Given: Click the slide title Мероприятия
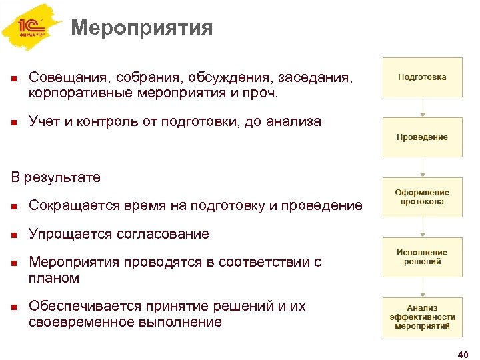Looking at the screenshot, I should coord(141,28).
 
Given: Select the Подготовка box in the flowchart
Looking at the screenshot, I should coord(422,77).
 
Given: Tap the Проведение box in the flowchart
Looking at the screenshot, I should coord(422,137).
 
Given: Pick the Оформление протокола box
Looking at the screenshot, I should coord(422,197).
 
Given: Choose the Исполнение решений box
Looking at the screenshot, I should coord(422,257).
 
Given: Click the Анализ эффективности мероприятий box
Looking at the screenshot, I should coord(422,317).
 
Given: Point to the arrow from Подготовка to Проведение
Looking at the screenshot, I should coord(422,107).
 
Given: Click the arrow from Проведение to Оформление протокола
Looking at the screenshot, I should coord(422,167).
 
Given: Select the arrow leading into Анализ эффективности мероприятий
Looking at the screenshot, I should coord(422,287).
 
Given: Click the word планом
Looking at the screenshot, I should coord(54,278).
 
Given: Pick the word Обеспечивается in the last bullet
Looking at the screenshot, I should coord(85,306).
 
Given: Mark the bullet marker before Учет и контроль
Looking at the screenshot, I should coord(14,121).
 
